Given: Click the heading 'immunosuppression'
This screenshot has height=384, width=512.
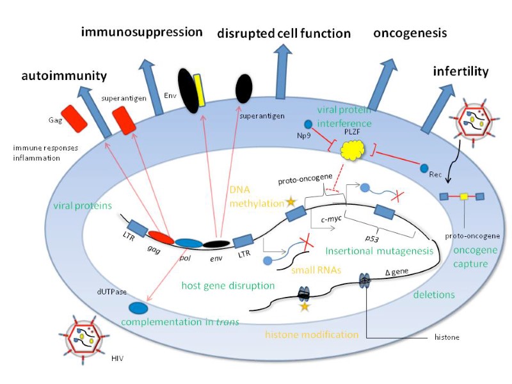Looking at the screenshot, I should click(x=141, y=31).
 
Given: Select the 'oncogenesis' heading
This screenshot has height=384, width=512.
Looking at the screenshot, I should click(x=410, y=33).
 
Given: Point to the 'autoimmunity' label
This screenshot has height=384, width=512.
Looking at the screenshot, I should click(x=64, y=76).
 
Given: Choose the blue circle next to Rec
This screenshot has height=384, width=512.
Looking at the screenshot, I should click(x=424, y=168).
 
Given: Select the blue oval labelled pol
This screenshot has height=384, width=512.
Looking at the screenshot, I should click(x=189, y=243).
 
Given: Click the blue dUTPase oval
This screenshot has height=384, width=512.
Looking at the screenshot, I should click(x=137, y=308).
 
